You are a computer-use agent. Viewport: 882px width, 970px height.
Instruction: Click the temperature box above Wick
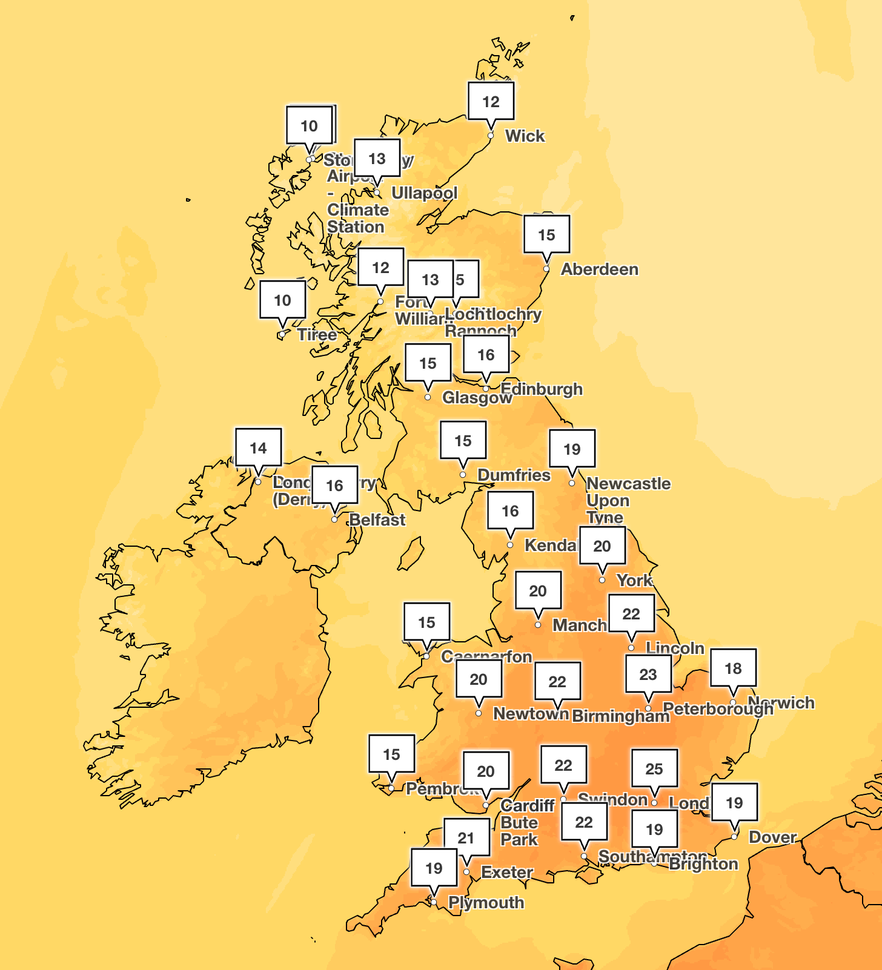click(x=491, y=101)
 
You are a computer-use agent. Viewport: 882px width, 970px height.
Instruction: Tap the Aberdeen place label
click(x=599, y=269)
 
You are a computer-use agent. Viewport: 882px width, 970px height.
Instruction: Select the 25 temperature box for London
click(x=654, y=768)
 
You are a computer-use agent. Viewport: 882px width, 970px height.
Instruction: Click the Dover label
click(x=772, y=837)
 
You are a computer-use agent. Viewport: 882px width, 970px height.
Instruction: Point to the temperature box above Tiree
click(x=282, y=300)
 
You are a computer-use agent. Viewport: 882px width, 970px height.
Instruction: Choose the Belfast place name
click(x=377, y=520)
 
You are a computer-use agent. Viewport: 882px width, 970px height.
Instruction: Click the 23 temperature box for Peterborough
click(x=648, y=674)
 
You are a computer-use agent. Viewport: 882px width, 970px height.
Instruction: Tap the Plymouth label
click(x=486, y=903)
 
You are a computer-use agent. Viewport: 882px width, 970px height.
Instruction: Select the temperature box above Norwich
click(x=733, y=668)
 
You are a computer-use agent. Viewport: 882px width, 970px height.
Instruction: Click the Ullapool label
click(x=424, y=193)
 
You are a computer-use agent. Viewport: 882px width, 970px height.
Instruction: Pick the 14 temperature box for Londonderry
click(x=258, y=447)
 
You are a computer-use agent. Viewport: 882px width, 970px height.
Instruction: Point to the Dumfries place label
click(x=514, y=475)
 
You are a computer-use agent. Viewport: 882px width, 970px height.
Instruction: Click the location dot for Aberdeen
click(x=546, y=269)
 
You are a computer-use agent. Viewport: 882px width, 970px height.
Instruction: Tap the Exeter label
click(x=506, y=873)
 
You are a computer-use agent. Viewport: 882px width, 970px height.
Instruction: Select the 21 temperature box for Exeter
click(x=466, y=837)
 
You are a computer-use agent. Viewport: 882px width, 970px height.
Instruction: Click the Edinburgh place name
click(x=542, y=389)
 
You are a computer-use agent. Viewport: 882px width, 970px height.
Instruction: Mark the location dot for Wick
click(x=491, y=136)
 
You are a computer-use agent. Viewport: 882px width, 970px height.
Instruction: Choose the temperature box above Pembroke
click(x=391, y=754)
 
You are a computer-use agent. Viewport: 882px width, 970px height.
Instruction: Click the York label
click(x=634, y=581)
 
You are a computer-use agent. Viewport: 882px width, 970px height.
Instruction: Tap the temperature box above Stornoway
click(x=309, y=125)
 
